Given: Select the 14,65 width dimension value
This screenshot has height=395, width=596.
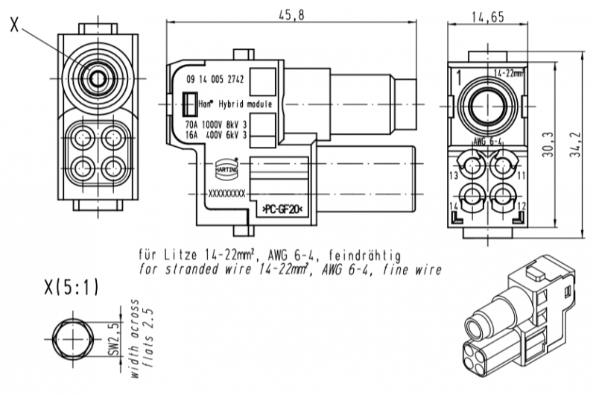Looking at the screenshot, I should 487,16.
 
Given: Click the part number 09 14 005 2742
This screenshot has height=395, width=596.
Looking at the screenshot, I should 216,78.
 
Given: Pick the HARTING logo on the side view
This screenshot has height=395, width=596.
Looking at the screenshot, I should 226,167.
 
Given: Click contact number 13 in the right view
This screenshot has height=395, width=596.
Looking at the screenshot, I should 454,175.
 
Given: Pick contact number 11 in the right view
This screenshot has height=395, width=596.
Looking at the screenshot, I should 521,175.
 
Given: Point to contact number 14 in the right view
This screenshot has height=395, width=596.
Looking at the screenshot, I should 454,206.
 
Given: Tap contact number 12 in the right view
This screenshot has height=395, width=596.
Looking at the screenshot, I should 521,206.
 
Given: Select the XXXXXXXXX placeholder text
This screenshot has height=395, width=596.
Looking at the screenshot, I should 227,193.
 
